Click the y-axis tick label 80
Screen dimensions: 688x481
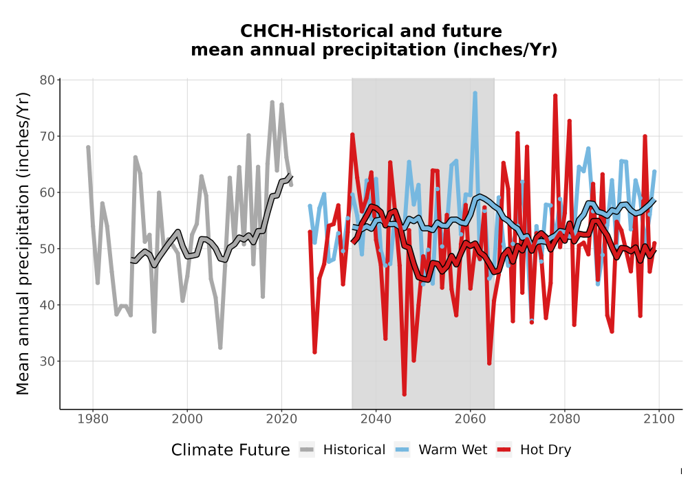(47, 80)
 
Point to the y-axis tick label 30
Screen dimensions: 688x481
(47, 361)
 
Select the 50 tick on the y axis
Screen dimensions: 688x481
(47, 249)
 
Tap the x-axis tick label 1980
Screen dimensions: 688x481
(93, 419)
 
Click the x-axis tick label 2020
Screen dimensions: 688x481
(281, 419)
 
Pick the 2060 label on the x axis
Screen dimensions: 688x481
(470, 419)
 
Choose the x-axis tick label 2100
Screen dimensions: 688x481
(658, 419)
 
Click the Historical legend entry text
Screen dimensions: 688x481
(354, 450)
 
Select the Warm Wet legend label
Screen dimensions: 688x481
(453, 450)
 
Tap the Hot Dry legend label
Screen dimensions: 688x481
(546, 450)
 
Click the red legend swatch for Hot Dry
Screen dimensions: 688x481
(504, 450)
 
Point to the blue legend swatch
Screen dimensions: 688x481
(402, 450)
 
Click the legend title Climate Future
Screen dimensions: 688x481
(230, 450)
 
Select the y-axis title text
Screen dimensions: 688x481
(22, 243)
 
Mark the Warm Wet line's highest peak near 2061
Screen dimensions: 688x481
(475, 93)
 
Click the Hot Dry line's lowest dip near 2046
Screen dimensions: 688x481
(404, 394)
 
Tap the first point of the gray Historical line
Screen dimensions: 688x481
(88, 148)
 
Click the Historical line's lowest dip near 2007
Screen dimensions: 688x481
(220, 348)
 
